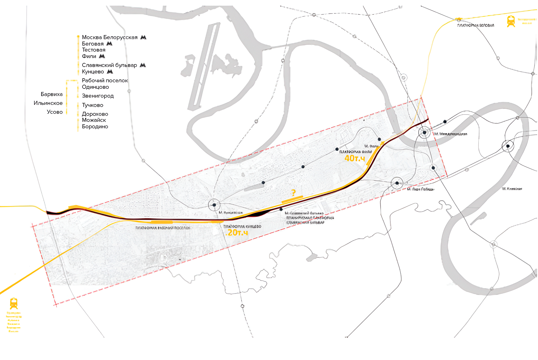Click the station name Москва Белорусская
[x=109, y=37]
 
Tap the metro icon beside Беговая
[x=109, y=44]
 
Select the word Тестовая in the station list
[x=94, y=50]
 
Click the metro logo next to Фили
[x=102, y=56]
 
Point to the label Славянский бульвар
[x=109, y=65]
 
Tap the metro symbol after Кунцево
[x=110, y=72]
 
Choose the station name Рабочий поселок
[x=105, y=81]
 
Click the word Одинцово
[x=95, y=87]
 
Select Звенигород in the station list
[x=98, y=96]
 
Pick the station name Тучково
[x=93, y=105]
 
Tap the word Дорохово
[x=95, y=114]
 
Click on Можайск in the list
[x=94, y=120]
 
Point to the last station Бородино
[x=95, y=127]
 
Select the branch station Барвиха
[x=52, y=94]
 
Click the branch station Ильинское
[x=48, y=103]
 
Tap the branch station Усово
[x=55, y=112]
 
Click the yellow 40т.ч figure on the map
[x=355, y=158]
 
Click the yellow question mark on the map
[x=293, y=193]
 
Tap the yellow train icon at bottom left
[x=14, y=303]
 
